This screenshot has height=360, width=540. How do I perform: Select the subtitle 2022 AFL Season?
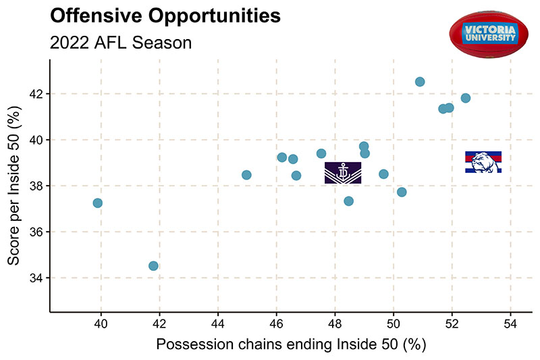[x=121, y=42]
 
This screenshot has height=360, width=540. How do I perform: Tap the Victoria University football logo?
[x=490, y=32]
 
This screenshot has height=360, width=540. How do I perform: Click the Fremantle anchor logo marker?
[x=343, y=173]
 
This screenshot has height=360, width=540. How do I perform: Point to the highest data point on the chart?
[x=420, y=82]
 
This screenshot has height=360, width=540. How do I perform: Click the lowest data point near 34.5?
[x=153, y=266]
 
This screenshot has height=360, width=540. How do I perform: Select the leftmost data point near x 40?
[x=97, y=203]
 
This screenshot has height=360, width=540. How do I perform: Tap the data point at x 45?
[x=246, y=175]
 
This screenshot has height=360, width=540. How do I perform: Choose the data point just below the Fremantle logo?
[x=348, y=201]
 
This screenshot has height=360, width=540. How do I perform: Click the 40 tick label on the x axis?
[x=101, y=324]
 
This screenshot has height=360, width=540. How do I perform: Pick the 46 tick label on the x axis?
[x=277, y=324]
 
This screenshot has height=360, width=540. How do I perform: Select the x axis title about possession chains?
[x=291, y=345]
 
